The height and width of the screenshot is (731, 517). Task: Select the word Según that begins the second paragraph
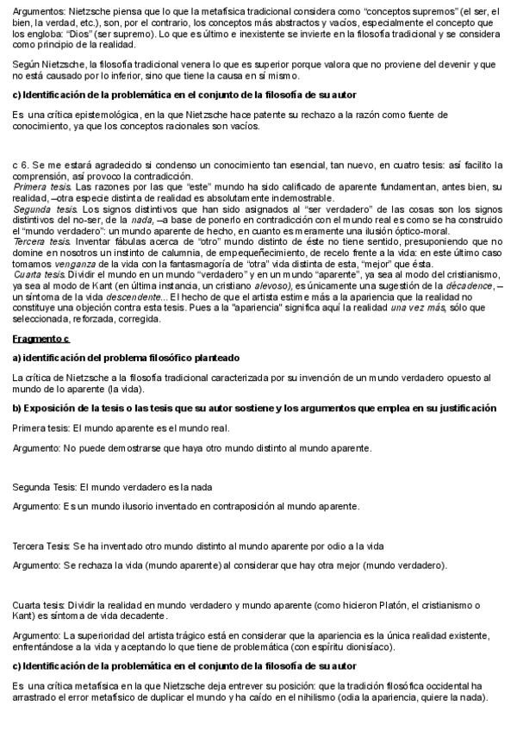pyautogui.click(x=27, y=65)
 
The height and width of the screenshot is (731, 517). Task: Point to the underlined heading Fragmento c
pyautogui.click(x=40, y=340)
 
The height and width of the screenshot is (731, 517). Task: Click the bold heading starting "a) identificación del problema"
pyautogui.click(x=126, y=357)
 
